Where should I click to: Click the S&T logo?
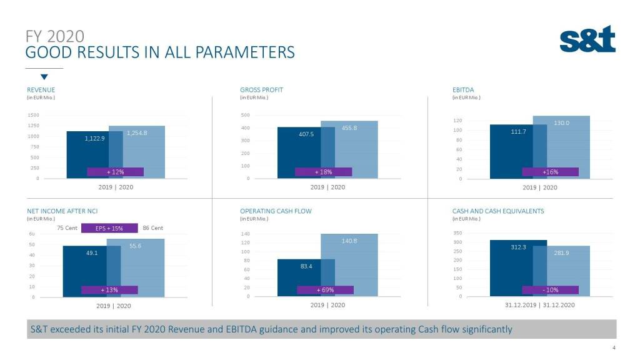587,39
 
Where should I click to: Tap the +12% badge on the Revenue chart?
115,172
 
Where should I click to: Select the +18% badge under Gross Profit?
323,172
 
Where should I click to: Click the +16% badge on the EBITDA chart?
551,172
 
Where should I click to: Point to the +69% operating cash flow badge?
325,290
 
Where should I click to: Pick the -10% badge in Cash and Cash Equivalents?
551,290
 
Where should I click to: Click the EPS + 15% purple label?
109,228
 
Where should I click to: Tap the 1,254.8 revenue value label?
136,133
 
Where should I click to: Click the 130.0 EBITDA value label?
561,123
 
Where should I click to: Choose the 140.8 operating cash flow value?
349,241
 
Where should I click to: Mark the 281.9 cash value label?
562,253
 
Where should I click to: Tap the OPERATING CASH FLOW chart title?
276,211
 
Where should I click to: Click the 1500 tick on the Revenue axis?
32,115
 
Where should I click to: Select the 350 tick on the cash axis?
457,233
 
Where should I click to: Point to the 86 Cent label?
152,228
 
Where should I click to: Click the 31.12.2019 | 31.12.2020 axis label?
540,305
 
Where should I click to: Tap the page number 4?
614,348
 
